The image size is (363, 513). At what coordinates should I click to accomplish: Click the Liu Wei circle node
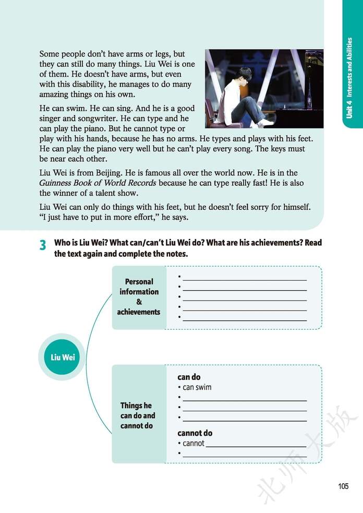[62, 357]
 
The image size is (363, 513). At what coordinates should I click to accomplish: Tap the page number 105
[343, 486]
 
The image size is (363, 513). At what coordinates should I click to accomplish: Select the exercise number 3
[43, 245]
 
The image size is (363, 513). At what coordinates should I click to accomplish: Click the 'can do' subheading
[189, 377]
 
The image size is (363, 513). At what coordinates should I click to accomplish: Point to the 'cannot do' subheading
[195, 433]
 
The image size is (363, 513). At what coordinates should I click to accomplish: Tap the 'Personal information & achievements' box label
[139, 296]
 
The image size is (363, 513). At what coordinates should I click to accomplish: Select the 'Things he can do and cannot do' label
[138, 415]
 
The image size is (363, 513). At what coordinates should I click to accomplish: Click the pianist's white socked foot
[265, 122]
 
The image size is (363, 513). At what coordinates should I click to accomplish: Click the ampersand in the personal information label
[139, 302]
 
